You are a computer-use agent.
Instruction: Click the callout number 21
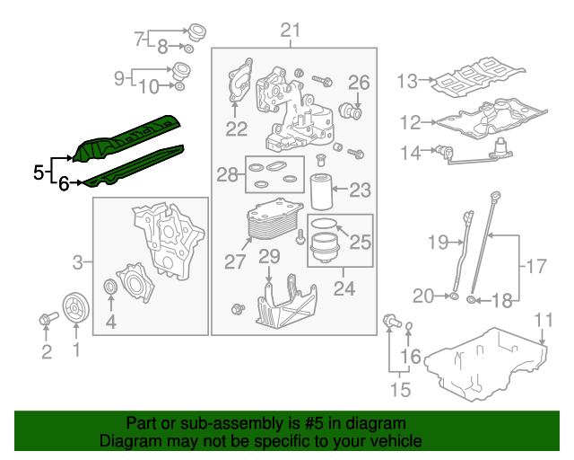pyautogui.click(x=291, y=30)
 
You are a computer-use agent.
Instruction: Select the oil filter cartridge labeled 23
pyautogui.click(x=321, y=191)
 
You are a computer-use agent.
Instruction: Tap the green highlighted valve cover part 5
pyautogui.click(x=126, y=137)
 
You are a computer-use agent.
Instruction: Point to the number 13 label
pyautogui.click(x=407, y=81)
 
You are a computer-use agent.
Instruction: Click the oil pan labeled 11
pyautogui.click(x=486, y=364)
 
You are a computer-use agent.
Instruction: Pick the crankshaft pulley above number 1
pyautogui.click(x=75, y=308)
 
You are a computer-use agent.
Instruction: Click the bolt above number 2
pyautogui.click(x=48, y=318)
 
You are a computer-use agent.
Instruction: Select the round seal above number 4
pyautogui.click(x=110, y=286)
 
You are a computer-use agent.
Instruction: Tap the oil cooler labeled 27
pyautogui.click(x=274, y=218)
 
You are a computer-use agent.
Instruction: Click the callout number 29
pyautogui.click(x=269, y=256)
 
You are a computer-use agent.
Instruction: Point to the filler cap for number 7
pyautogui.click(x=197, y=32)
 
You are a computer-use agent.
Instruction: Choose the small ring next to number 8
pyautogui.click(x=189, y=48)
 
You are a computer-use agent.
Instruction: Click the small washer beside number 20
pyautogui.click(x=454, y=296)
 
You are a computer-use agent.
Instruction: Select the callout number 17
pyautogui.click(x=536, y=266)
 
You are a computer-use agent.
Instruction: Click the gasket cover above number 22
pyautogui.click(x=240, y=80)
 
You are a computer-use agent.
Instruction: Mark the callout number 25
pyautogui.click(x=361, y=242)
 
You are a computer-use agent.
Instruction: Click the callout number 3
pyautogui.click(x=78, y=262)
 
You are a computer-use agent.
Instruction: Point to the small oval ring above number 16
pyautogui.click(x=410, y=326)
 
